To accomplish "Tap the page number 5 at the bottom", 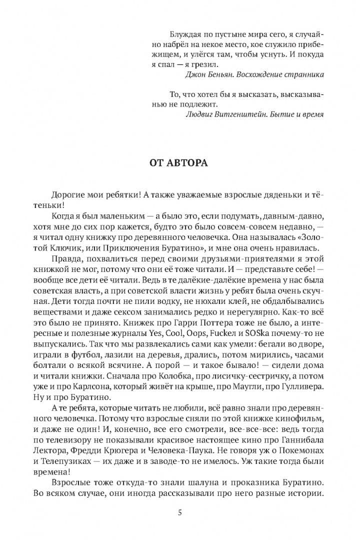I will click(x=179, y=499).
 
